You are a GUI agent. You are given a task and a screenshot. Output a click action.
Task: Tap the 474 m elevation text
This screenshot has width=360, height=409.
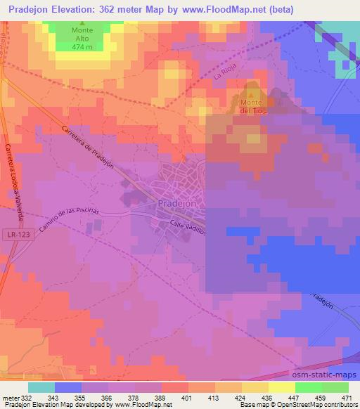click(x=82, y=48)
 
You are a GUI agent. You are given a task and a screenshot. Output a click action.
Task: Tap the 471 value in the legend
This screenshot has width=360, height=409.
click(x=347, y=398)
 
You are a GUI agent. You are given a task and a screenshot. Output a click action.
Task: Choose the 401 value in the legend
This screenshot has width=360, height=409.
click(x=187, y=398)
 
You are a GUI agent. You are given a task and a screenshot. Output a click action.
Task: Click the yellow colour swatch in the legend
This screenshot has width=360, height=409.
click(x=255, y=387)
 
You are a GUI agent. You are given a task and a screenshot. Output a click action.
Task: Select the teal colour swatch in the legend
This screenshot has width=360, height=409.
click(x=41, y=387)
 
